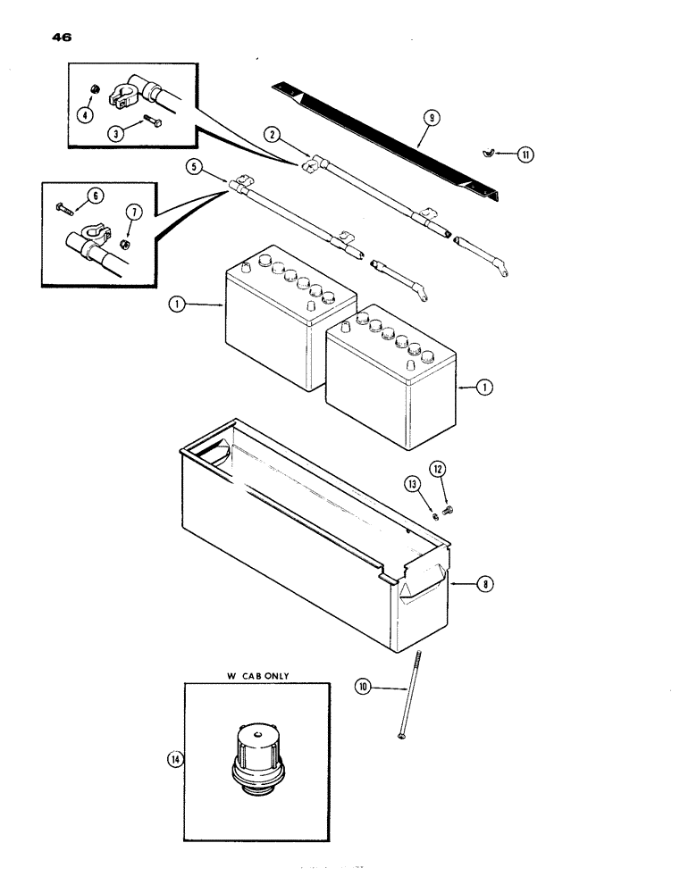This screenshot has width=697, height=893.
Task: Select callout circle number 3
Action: coord(115,132)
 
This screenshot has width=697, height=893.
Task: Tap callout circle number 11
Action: coord(526,154)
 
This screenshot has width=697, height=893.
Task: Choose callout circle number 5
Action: coord(191,165)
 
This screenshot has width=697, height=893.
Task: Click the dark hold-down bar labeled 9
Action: coord(384,134)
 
